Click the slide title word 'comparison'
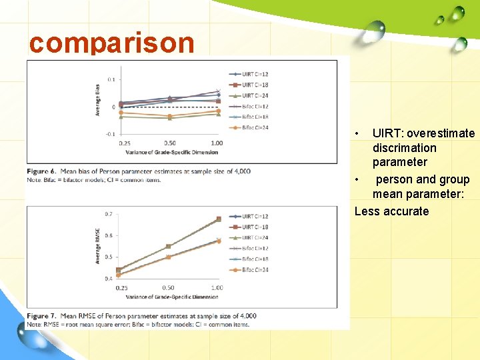pos(111,43)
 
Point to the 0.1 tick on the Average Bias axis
pos(110,80)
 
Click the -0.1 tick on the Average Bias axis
pos(109,134)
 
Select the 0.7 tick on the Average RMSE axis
pos(108,214)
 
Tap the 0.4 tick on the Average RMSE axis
pos(108,279)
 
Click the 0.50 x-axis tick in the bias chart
pos(170,143)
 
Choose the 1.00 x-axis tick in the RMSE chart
pos(217,288)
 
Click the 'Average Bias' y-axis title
pos(97,100)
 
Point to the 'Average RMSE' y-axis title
pos(97,245)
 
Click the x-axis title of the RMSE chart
pos(172,296)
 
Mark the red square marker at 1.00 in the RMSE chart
pos(219,219)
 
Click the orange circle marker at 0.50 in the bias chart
pos(170,115)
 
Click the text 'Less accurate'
pos(391,211)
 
